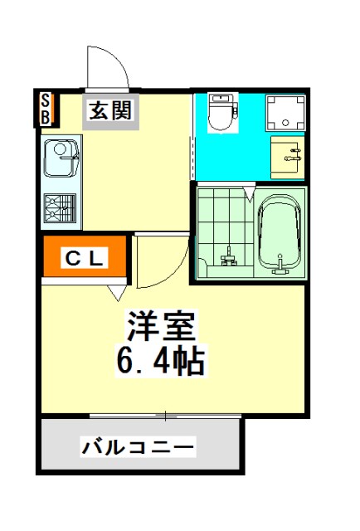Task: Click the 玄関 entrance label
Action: [x=110, y=110]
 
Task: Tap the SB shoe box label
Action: [x=46, y=109]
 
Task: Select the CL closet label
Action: [x=84, y=258]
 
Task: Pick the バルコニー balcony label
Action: [x=139, y=447]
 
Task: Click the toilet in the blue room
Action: [x=222, y=112]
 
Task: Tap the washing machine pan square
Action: [x=285, y=113]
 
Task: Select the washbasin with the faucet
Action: [x=288, y=158]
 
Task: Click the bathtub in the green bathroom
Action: [x=280, y=234]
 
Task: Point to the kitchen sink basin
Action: [x=61, y=158]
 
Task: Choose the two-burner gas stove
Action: [x=60, y=207]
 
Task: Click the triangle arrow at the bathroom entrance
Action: [x=250, y=193]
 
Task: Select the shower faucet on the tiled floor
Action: [x=229, y=257]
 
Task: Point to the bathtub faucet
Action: [x=280, y=265]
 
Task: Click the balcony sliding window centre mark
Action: [x=165, y=416]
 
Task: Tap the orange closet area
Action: [x=85, y=256]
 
